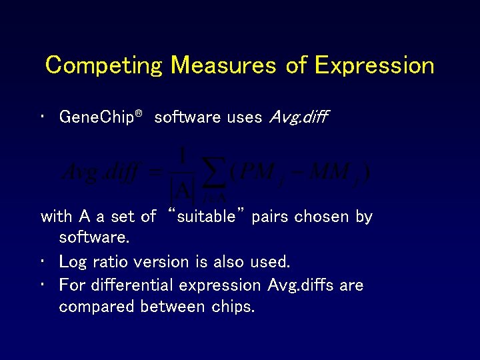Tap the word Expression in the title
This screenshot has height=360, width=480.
point(374,65)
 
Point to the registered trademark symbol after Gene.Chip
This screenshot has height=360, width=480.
point(139,114)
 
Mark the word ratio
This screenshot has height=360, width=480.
point(109,261)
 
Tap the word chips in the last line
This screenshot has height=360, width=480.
point(233,307)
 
